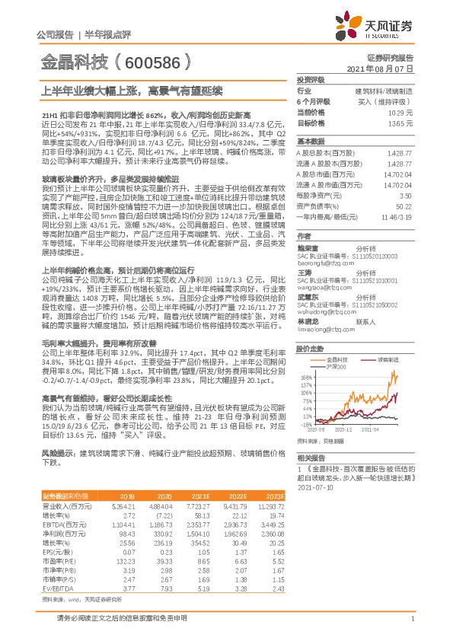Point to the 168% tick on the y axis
[x=307, y=377]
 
